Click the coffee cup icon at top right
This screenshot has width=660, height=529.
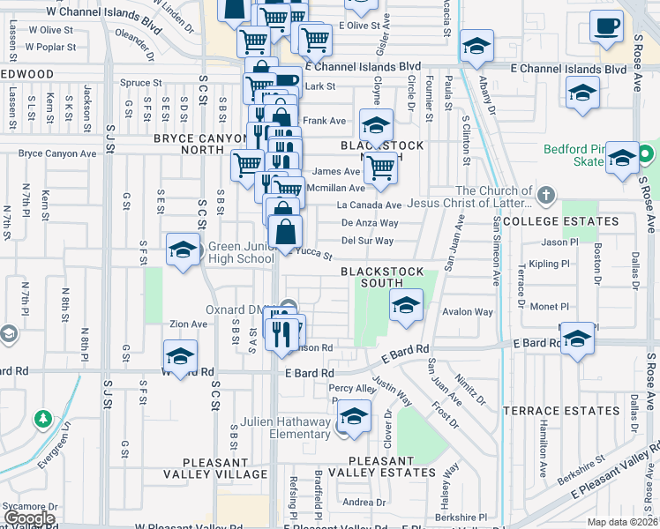[x=605, y=26]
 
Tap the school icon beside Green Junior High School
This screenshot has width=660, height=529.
[x=182, y=250]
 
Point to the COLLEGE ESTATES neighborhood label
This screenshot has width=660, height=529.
[x=549, y=220]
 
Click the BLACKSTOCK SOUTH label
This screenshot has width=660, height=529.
[x=383, y=277]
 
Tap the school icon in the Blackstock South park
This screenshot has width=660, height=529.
[x=405, y=306]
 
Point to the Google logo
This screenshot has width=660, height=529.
[x=28, y=518]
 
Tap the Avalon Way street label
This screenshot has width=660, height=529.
[x=468, y=312]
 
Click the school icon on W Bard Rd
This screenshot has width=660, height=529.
[x=179, y=357]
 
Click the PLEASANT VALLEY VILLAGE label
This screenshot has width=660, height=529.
[x=224, y=467]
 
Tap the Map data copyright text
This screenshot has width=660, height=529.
[x=622, y=522]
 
